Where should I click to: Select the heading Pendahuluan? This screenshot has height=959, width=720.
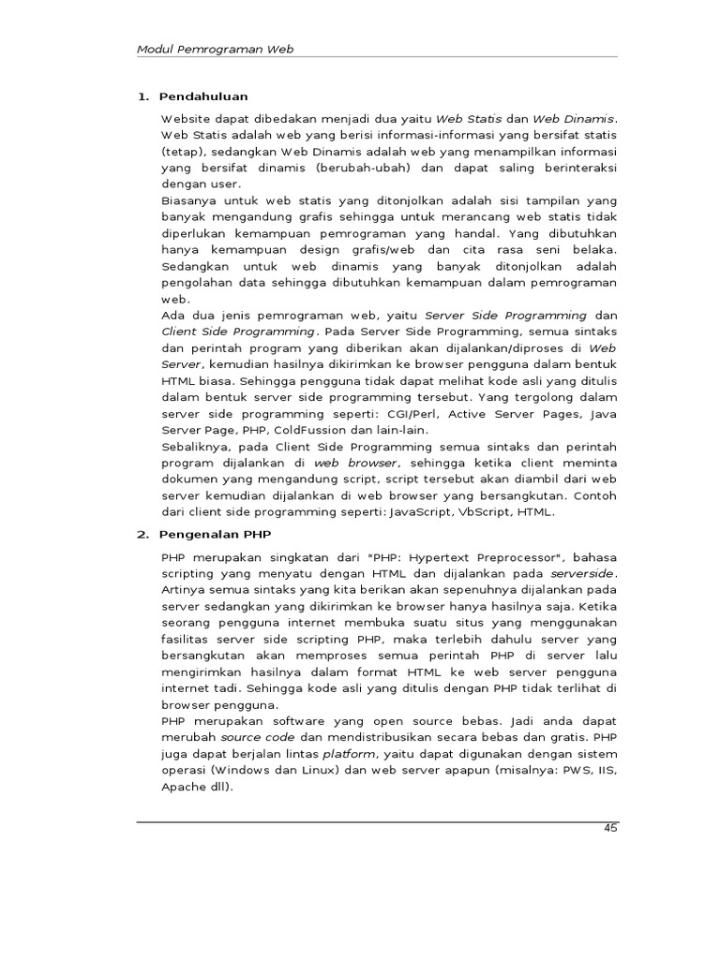click(x=203, y=96)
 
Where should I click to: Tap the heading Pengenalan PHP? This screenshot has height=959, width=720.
click(x=216, y=535)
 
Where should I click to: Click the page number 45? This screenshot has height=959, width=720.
click(x=610, y=828)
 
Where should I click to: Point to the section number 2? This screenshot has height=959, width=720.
click(x=142, y=535)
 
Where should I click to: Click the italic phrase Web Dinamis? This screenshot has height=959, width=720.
click(x=574, y=120)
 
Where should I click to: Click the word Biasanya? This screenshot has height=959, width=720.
click(x=190, y=200)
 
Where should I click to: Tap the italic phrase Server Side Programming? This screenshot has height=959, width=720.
click(x=506, y=317)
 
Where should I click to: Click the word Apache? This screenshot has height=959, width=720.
click(x=181, y=787)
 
